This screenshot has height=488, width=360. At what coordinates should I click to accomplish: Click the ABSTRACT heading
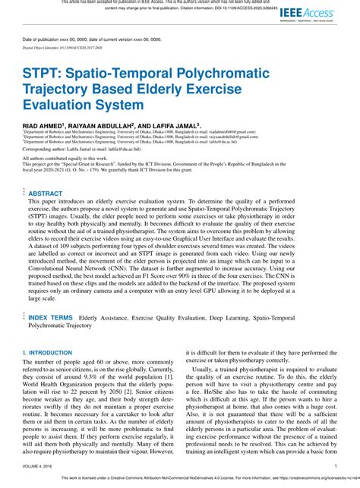point(46,194)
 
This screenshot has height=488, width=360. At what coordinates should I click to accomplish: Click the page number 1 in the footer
point(335,467)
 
